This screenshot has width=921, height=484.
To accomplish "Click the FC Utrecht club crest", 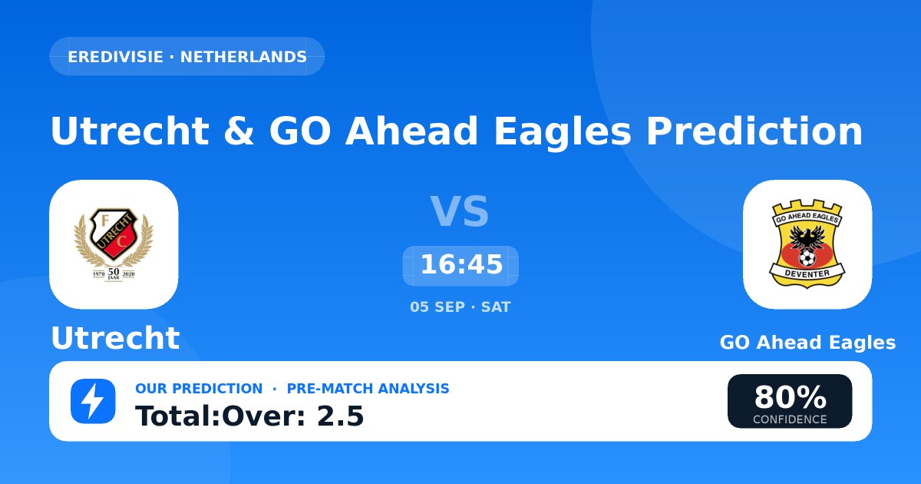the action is (114, 244).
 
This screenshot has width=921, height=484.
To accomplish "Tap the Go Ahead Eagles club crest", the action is (807, 244).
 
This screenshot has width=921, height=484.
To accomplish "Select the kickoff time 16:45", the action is (461, 264).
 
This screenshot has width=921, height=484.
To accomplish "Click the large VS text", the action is (459, 211).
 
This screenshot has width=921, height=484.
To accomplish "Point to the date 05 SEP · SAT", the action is (460, 307).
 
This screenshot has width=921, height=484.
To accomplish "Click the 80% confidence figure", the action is (790, 396).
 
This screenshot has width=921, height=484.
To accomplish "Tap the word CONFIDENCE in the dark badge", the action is (790, 419).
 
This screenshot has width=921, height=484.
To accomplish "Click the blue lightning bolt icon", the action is (93, 401).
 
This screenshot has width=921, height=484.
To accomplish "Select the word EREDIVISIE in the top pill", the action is (116, 57).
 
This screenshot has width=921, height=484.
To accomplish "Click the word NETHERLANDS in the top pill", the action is (243, 57).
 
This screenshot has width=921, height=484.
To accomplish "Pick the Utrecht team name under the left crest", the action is (116, 338).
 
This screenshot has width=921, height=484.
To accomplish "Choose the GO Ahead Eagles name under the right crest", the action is (807, 343).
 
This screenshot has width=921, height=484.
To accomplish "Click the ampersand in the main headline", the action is (239, 131).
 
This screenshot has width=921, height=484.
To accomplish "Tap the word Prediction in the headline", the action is (754, 131).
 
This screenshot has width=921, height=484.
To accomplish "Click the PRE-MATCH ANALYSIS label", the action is (368, 389).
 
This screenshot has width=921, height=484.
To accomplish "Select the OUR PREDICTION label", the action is (199, 389).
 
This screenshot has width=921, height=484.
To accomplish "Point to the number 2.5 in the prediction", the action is (341, 416).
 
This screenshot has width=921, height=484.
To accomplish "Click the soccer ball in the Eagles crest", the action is (807, 258).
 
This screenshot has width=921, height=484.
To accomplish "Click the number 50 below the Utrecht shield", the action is (114, 272).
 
